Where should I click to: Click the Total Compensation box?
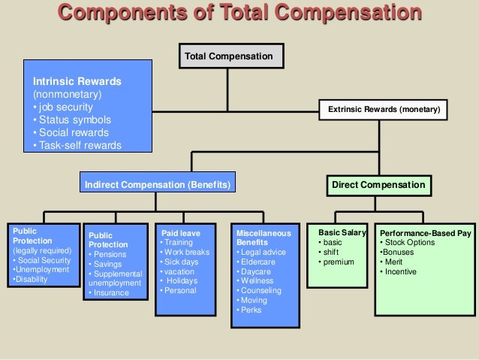click(230, 56)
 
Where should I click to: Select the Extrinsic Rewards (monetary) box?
click(384, 110)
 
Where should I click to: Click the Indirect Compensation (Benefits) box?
click(156, 184)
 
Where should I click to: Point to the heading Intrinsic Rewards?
click(77, 81)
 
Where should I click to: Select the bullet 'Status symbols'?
click(74, 119)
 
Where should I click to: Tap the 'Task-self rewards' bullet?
click(78, 145)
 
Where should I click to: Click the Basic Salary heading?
click(342, 233)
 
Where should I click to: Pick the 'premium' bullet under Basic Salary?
click(339, 262)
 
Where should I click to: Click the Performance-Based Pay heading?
click(425, 234)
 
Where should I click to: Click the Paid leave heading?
click(180, 233)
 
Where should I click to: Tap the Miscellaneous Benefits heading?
click(263, 238)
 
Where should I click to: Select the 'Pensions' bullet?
click(109, 254)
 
